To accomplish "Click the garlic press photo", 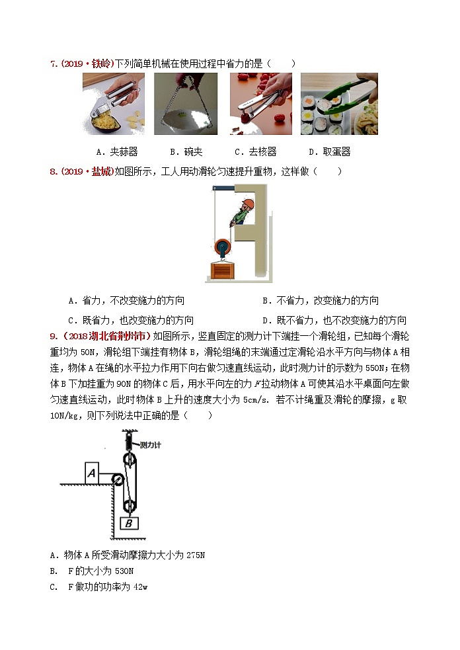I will (114, 104).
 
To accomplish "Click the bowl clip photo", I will (186, 104).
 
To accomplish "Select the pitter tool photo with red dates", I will (260, 104).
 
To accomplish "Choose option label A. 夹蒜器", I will (116, 151).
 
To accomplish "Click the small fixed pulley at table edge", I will (118, 479).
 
